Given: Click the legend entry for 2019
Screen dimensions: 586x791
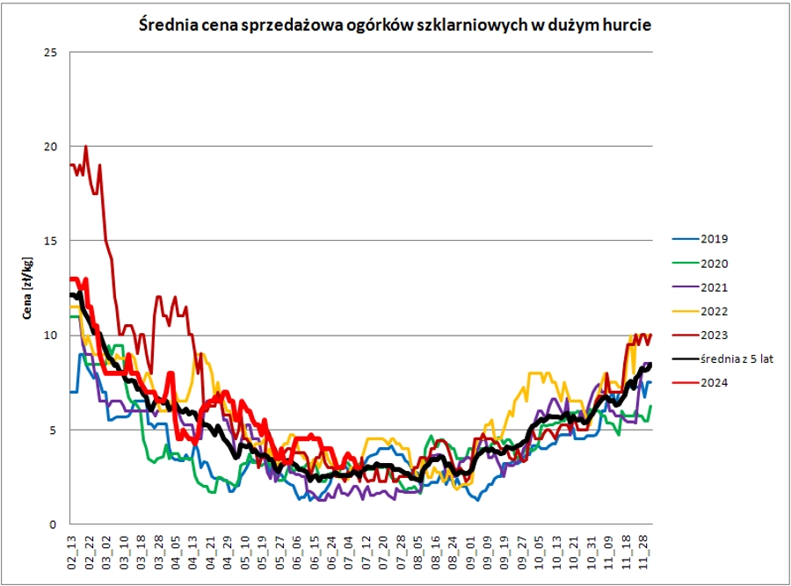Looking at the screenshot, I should coord(715,239).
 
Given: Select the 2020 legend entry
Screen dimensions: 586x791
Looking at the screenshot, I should coord(715,263).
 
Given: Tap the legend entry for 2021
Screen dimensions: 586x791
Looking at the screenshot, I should coord(715,287).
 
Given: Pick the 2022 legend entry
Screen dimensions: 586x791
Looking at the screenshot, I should coord(715,311).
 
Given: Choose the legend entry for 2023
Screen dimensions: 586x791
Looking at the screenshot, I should coord(715,335).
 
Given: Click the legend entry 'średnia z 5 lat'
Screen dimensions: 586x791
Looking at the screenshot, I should coord(737,358).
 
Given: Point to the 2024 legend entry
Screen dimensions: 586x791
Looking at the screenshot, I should coord(715,382).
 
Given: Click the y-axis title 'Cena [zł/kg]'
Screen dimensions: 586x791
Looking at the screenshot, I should coord(27,288).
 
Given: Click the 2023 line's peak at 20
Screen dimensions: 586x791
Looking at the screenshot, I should coord(85,146).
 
